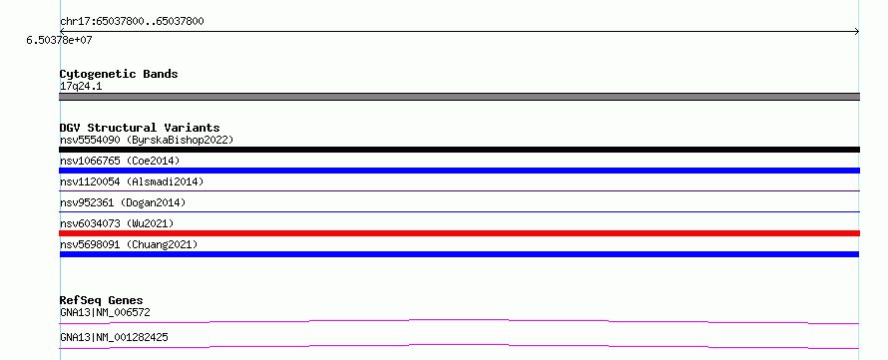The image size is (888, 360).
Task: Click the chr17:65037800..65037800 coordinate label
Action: tap(132, 22)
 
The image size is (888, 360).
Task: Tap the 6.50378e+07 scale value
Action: tap(60, 41)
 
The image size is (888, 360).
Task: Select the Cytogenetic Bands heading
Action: tap(119, 74)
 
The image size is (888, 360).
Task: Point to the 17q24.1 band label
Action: tap(81, 87)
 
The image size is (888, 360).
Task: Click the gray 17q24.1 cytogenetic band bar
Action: tap(459, 97)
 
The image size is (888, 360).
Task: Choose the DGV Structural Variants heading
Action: tap(140, 128)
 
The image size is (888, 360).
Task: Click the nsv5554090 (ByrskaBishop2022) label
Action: tap(147, 140)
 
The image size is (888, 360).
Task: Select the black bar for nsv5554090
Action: tap(459, 150)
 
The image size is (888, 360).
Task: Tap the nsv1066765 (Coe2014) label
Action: tap(120, 161)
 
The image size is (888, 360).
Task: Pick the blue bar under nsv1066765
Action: tap(459, 171)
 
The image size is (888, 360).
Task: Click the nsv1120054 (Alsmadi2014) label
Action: tap(132, 181)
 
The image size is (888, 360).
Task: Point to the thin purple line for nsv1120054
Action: tap(459, 191)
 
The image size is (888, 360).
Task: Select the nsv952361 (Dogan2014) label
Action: tap(123, 202)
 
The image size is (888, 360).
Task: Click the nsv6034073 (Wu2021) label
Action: tap(117, 223)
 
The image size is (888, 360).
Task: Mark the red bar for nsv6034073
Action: tap(459, 233)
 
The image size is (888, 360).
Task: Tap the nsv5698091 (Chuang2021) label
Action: tap(129, 244)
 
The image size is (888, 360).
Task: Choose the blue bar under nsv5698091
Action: tap(459, 254)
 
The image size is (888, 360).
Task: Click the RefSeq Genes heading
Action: tap(102, 300)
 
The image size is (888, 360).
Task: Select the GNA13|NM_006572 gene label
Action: tap(105, 312)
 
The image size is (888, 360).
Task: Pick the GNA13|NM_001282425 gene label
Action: tap(114, 338)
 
